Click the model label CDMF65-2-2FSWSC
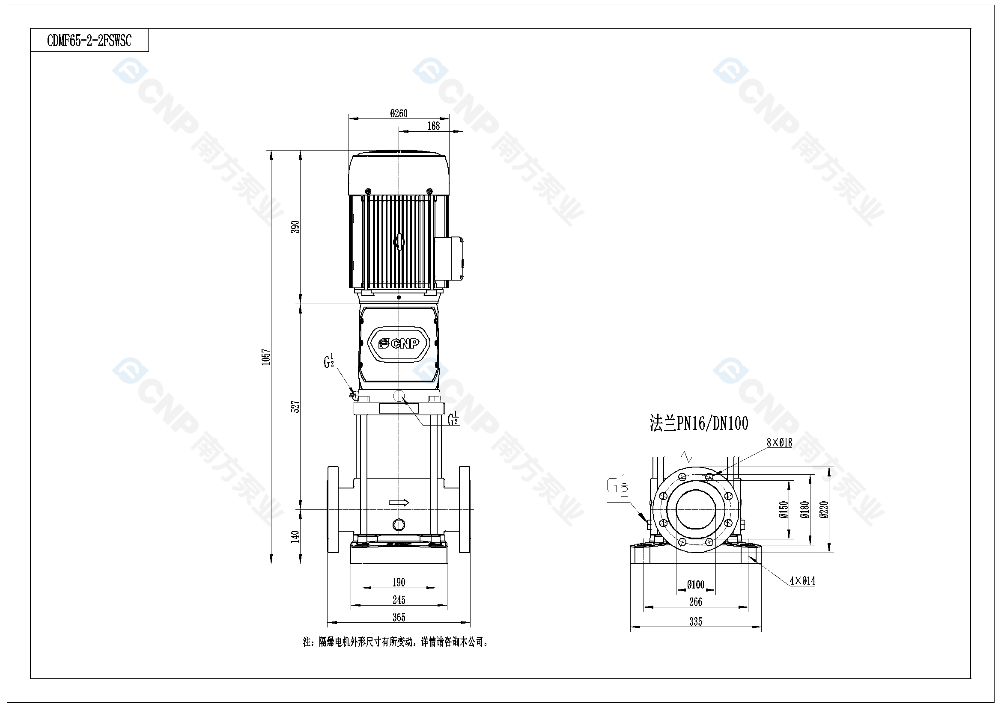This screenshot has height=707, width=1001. pos(89,41)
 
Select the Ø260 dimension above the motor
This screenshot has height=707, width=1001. pos(399,113)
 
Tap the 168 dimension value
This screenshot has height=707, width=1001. pos(433,126)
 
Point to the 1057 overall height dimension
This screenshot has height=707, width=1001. pos(266,357)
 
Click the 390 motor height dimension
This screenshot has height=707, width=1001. pos(295,227)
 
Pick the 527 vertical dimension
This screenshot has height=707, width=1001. pos(295,407)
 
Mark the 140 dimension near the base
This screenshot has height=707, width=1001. pos(295,536)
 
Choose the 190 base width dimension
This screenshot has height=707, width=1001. pos(399,582)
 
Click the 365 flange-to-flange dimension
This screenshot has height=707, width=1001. pos(399,617)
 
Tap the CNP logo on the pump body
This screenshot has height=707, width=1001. pos(399,344)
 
